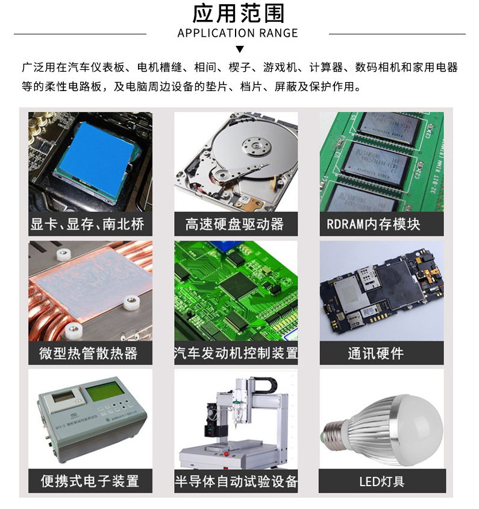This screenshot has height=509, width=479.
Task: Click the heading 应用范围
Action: click(239, 14)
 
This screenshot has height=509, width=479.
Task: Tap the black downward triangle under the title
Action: click(240, 49)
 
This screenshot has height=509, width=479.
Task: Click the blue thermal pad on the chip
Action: click(96, 158)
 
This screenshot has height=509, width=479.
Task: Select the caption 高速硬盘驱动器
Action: click(234, 224)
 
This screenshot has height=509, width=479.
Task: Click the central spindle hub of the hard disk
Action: click(256, 145)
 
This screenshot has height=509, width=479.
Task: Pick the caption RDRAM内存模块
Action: click(374, 224)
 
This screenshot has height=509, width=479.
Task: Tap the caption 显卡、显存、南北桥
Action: click(87, 224)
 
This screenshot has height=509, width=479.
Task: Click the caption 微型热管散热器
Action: click(89, 353)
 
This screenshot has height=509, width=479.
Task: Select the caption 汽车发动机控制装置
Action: click(236, 353)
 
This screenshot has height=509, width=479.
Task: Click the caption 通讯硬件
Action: click(376, 353)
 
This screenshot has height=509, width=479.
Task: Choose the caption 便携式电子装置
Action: click(90, 481)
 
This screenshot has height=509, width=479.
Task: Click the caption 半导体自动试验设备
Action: click(236, 481)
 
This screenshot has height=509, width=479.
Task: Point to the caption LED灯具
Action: click(382, 481)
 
